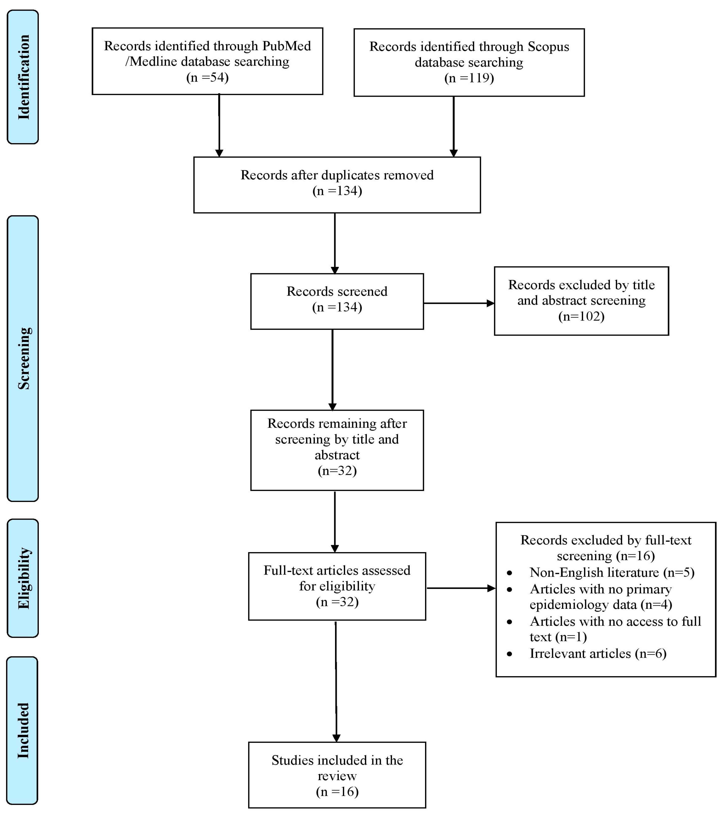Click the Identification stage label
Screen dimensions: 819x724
pyautogui.click(x=23, y=77)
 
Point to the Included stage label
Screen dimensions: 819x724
pyautogui.click(x=23, y=731)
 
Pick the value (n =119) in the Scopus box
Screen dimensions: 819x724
pyautogui.click(x=469, y=78)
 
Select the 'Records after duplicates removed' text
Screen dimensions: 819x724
pyautogui.click(x=337, y=175)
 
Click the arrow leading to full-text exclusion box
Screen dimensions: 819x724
pyautogui.click(x=461, y=588)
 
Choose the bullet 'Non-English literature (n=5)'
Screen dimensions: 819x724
pyautogui.click(x=611, y=572)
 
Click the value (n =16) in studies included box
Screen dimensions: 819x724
pyautogui.click(x=337, y=791)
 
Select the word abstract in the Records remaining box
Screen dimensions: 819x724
pyautogui.click(x=337, y=455)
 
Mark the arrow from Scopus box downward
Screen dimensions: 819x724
pyautogui.click(x=454, y=126)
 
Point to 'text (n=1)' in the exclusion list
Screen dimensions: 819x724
pyautogui.click(x=558, y=637)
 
